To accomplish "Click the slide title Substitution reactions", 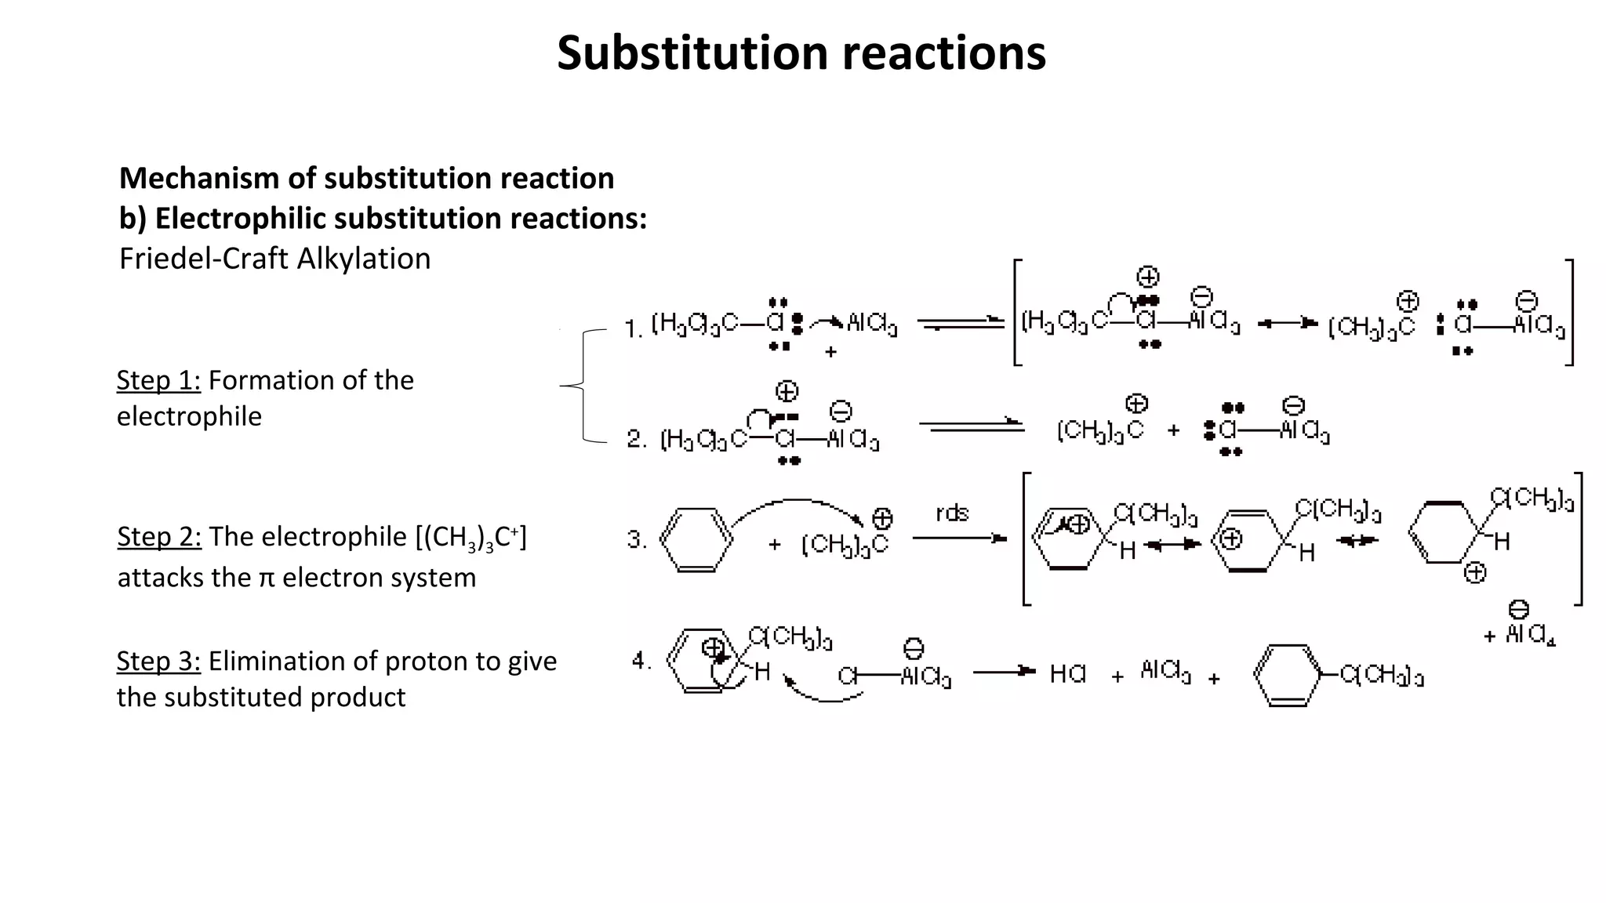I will tap(801, 53).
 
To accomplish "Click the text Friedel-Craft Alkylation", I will tap(274, 259).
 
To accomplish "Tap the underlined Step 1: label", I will tap(158, 380).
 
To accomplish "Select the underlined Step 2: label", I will tap(159, 537).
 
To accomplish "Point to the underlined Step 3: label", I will tap(158, 662).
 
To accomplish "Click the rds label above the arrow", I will tap(952, 513).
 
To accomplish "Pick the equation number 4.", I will tap(641, 661).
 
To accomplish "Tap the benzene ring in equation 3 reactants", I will tap(696, 540).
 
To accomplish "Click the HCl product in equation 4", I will tap(1067, 673).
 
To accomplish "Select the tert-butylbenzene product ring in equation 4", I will tap(1287, 675).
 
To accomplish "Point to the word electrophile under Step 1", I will tap(189, 416).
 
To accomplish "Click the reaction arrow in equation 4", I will tap(1004, 671).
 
